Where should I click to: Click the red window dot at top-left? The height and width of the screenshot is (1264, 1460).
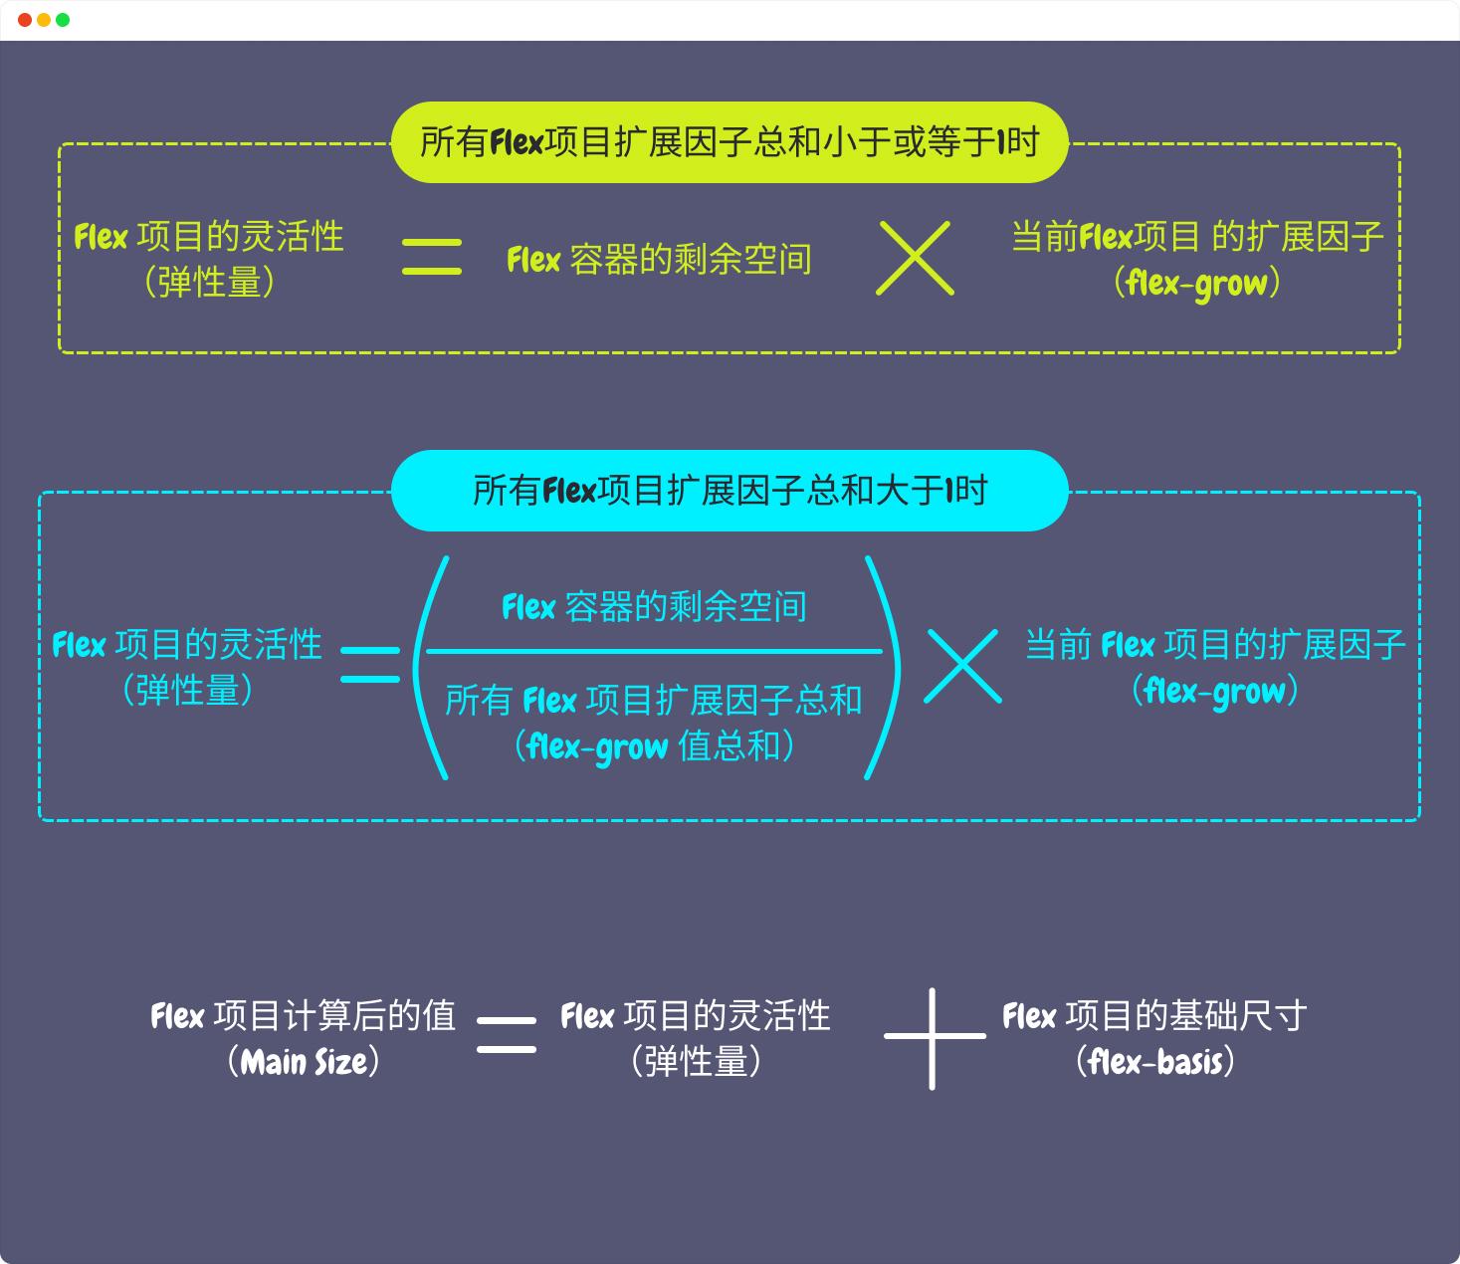25,20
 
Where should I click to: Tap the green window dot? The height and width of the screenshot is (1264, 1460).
63,20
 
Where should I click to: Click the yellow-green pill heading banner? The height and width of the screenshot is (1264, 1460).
730,142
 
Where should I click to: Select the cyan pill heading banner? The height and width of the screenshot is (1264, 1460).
730,491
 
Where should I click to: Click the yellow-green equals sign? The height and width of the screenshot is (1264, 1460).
431,257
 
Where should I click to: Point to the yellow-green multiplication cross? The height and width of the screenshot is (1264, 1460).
915,258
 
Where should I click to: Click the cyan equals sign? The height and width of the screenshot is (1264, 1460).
370,665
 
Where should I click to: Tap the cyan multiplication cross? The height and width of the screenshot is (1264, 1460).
962,666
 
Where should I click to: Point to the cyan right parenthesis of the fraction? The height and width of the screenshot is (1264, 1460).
885,667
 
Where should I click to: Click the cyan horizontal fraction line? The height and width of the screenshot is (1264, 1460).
654,652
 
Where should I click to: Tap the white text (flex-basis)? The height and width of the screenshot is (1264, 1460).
1155,1062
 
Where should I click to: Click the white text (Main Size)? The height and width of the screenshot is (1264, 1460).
304,1062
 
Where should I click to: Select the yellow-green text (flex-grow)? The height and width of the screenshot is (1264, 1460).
1197,284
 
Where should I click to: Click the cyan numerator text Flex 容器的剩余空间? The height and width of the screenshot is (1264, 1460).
654,607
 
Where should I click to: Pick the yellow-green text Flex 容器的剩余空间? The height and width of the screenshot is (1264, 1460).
659,260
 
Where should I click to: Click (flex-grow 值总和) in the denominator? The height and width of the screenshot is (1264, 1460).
654,746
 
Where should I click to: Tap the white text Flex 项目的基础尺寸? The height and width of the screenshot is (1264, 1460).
1154,1016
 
